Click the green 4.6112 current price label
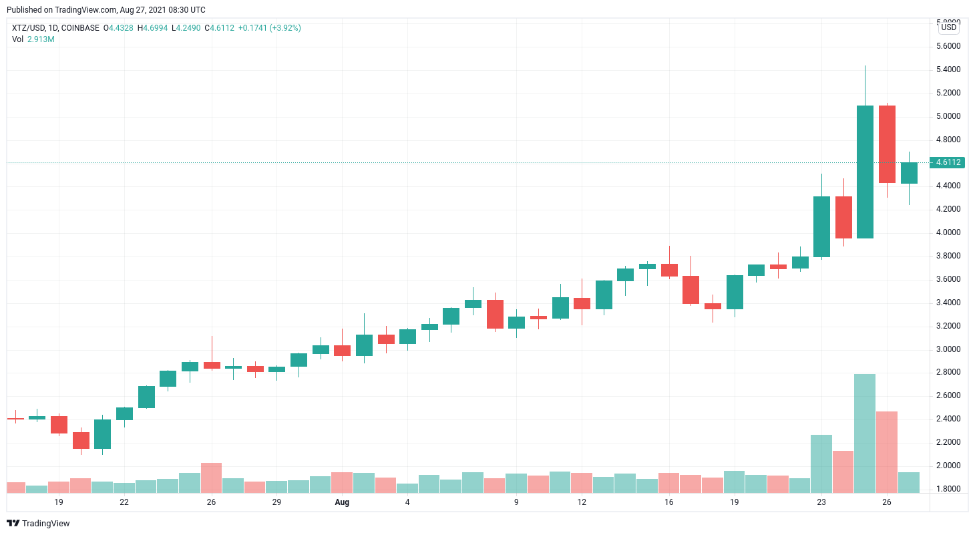(948, 162)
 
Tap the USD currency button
(948, 27)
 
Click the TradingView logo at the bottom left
(39, 523)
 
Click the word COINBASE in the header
(80, 28)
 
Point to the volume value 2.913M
(41, 39)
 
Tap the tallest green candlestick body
(865, 172)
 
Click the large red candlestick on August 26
(887, 144)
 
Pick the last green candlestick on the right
(909, 173)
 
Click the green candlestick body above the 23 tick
(821, 226)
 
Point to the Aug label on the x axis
(342, 502)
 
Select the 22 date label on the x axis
(124, 502)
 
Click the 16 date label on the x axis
(669, 502)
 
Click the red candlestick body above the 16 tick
(669, 270)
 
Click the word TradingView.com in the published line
(77, 10)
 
